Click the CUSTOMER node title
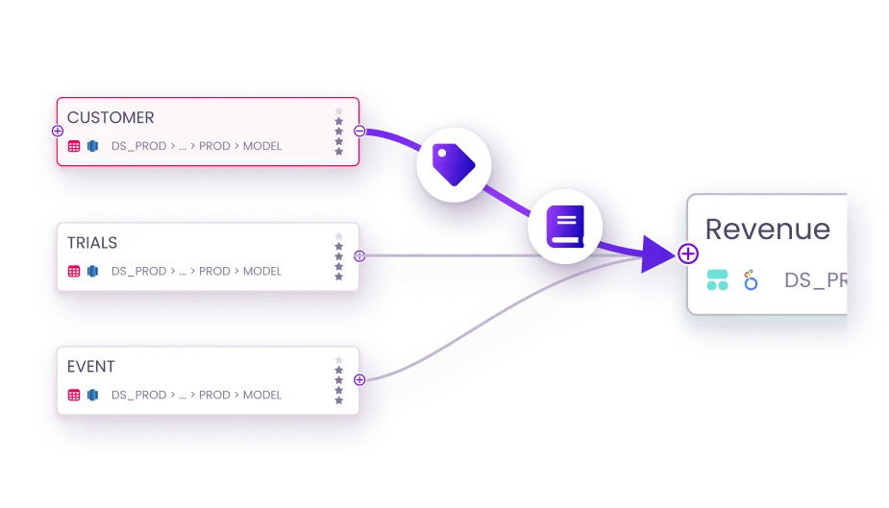111,118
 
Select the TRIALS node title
92,243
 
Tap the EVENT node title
91,367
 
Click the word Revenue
767,230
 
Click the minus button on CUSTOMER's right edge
359,131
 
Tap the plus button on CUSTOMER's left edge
58,131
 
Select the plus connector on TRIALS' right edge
359,256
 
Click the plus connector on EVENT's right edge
359,379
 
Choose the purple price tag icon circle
453,164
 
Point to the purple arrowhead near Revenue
658,254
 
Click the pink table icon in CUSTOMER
74,147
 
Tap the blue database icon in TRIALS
93,272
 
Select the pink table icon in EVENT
74,395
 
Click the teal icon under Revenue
717,280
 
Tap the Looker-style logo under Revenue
751,280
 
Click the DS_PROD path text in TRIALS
138,272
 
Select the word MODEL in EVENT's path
262,395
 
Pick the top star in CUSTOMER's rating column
338,111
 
